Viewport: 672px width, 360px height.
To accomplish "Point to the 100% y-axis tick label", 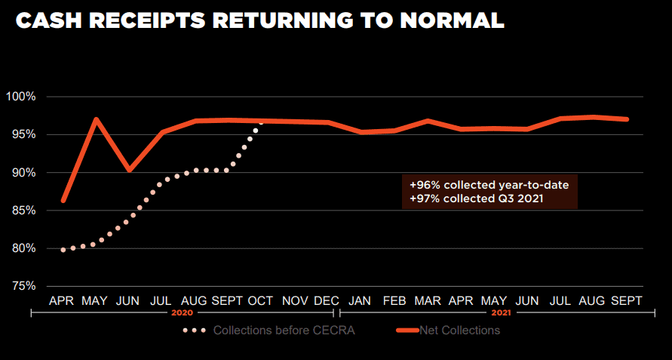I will (x=20, y=97).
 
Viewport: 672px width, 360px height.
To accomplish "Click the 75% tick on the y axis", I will (x=23, y=286).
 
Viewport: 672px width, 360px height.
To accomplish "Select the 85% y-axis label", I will (x=23, y=211).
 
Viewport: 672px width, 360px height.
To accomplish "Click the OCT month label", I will (x=261, y=300).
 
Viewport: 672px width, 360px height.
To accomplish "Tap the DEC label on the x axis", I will (x=327, y=300).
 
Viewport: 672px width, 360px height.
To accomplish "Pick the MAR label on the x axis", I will (x=428, y=300).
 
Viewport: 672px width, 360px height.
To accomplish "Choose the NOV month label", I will (x=295, y=300).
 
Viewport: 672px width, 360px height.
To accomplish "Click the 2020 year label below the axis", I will (x=183, y=312).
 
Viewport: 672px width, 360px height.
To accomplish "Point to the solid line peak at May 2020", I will (x=96, y=119).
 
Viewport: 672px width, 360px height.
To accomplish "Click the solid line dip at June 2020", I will (x=129, y=170).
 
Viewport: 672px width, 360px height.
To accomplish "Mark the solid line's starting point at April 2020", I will (x=63, y=201).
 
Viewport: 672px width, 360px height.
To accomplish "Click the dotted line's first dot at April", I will (x=63, y=249).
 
